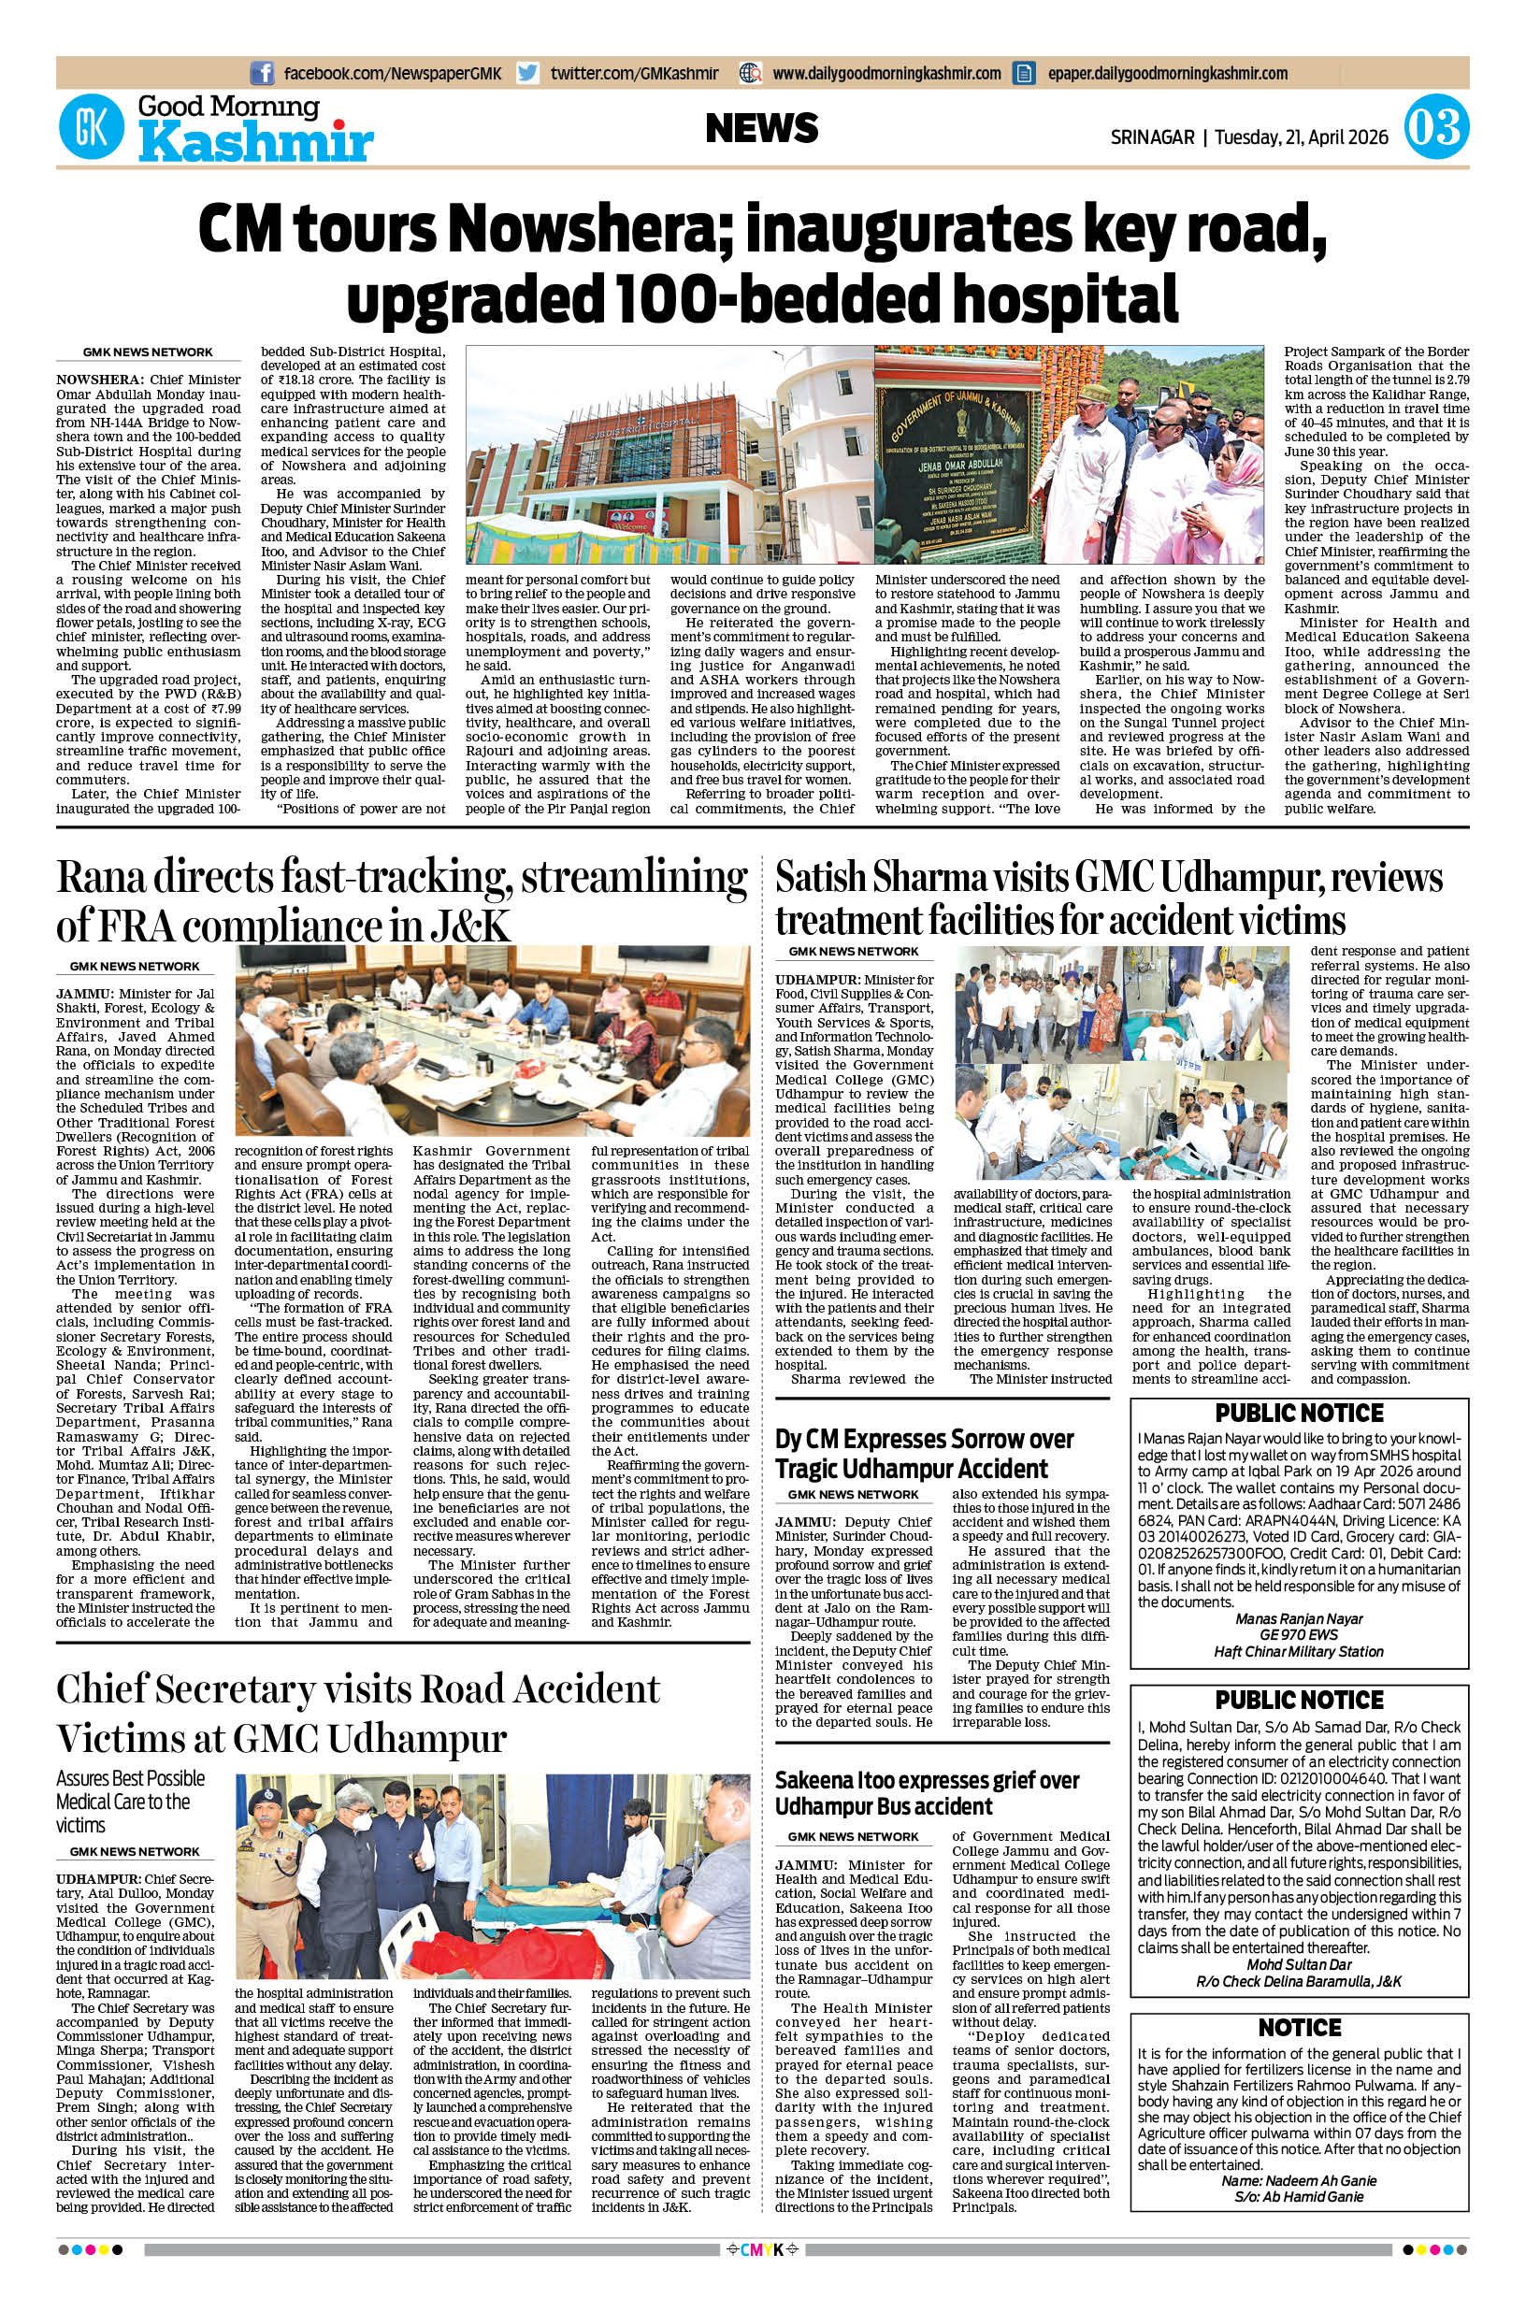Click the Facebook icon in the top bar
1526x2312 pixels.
(262, 73)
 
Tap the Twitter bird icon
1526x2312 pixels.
(527, 73)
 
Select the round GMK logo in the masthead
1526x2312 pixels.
(93, 128)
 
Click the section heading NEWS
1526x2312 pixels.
(761, 128)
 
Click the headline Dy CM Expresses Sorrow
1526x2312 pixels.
(924, 1454)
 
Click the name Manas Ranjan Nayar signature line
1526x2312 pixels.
(1298, 1618)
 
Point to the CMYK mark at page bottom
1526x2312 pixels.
(762, 2276)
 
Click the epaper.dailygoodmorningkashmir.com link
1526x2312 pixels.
(1167, 73)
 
